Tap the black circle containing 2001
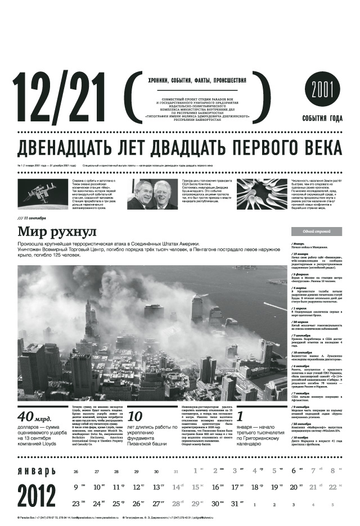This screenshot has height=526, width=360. (323, 90)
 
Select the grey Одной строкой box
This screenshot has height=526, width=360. (316, 231)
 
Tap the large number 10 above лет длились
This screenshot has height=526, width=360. (135, 416)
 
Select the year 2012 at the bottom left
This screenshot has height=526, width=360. (37, 495)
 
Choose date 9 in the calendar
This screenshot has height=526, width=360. (76, 487)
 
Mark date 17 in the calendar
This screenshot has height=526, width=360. (236, 487)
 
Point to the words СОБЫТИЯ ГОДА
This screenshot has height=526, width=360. (322, 118)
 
